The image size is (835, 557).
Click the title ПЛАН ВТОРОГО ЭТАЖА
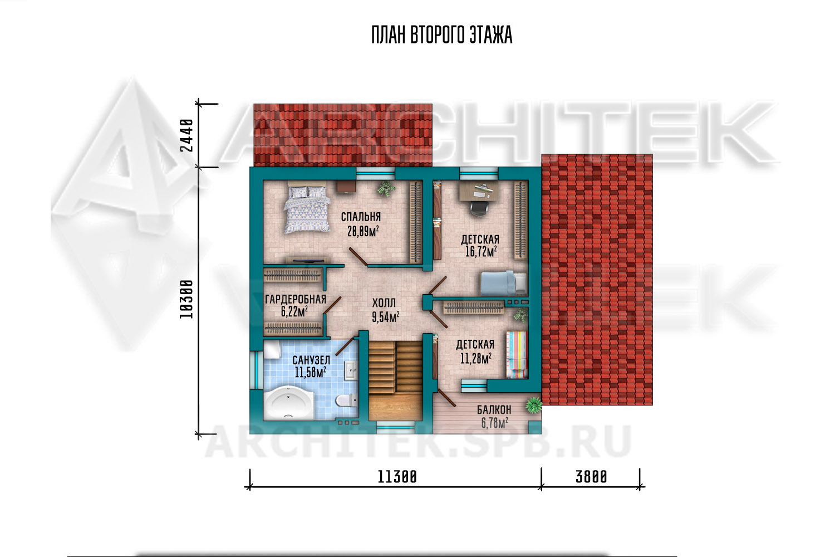point(442,35)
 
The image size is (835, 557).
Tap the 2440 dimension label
point(186,135)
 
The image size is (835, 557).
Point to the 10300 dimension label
point(186,299)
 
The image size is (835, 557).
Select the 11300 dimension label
point(397,477)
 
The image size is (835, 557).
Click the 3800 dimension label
point(591,477)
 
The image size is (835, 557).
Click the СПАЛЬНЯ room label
point(361,216)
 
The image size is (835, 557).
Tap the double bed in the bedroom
point(307,209)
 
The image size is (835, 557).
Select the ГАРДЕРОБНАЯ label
point(295,299)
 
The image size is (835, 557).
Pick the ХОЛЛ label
point(384,302)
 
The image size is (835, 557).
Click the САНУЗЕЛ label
point(311,360)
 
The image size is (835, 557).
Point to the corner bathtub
point(289,403)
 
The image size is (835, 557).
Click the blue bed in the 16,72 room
point(503,284)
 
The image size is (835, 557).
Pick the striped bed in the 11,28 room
point(516,355)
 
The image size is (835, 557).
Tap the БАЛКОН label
point(494,409)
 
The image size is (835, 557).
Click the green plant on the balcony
point(534,405)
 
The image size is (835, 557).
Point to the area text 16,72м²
point(481,252)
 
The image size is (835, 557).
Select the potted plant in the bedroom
point(386,188)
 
